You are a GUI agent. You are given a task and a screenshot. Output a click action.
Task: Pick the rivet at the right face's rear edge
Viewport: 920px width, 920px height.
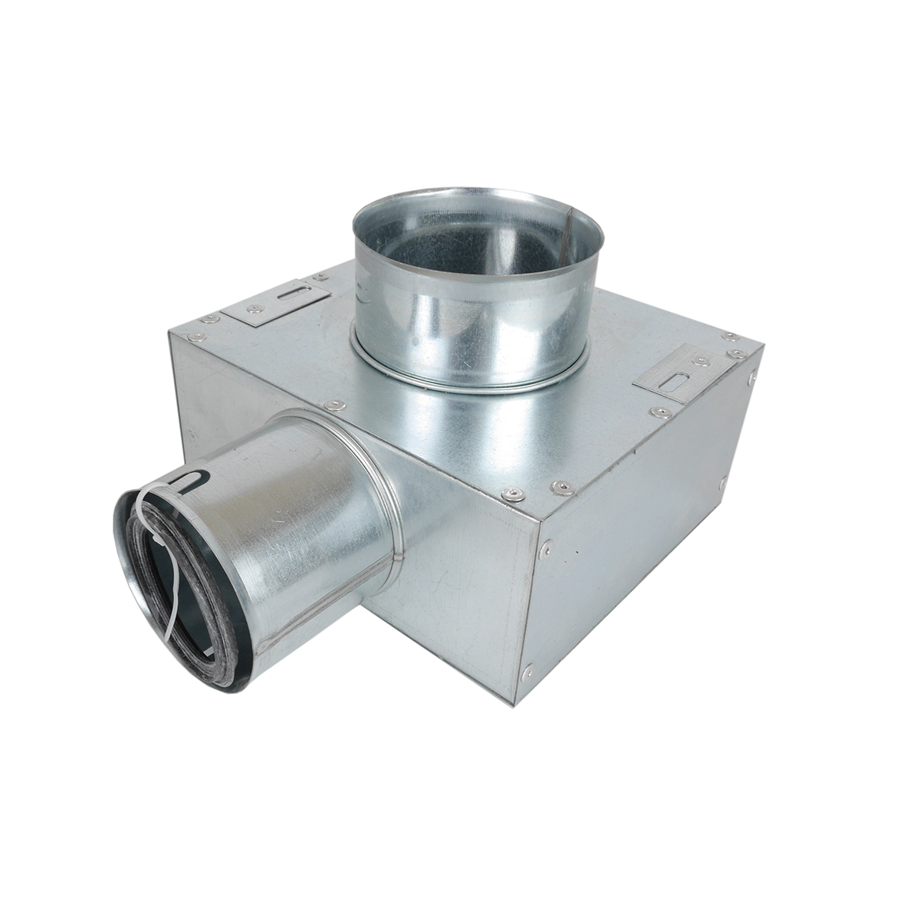[x=724, y=482]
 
